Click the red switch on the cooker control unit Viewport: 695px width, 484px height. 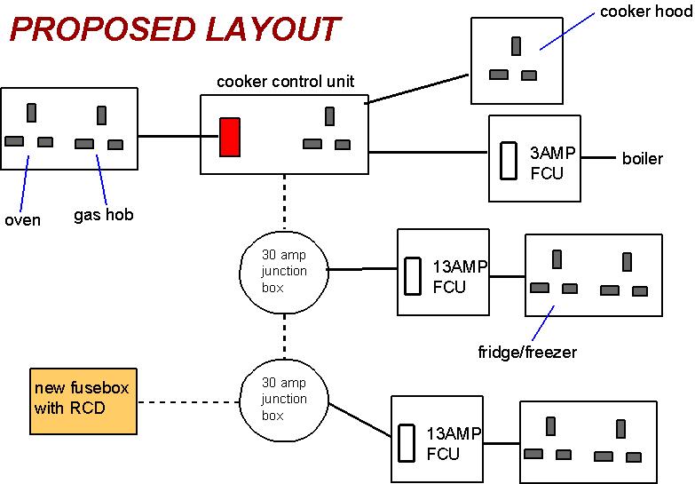tap(230, 137)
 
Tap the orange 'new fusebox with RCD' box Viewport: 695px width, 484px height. tap(83, 401)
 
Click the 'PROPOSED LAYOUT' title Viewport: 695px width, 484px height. tap(174, 29)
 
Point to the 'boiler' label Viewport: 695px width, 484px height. tap(642, 159)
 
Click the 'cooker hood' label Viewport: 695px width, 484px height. tap(644, 12)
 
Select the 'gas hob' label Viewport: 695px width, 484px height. tap(103, 214)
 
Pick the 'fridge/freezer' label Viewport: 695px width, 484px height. tap(527, 353)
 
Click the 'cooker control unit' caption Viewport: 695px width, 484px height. tap(285, 82)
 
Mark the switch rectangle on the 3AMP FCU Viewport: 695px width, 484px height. tap(509, 161)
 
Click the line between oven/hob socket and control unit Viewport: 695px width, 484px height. tap(169, 137)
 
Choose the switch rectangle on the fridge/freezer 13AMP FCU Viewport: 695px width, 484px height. tap(413, 276)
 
